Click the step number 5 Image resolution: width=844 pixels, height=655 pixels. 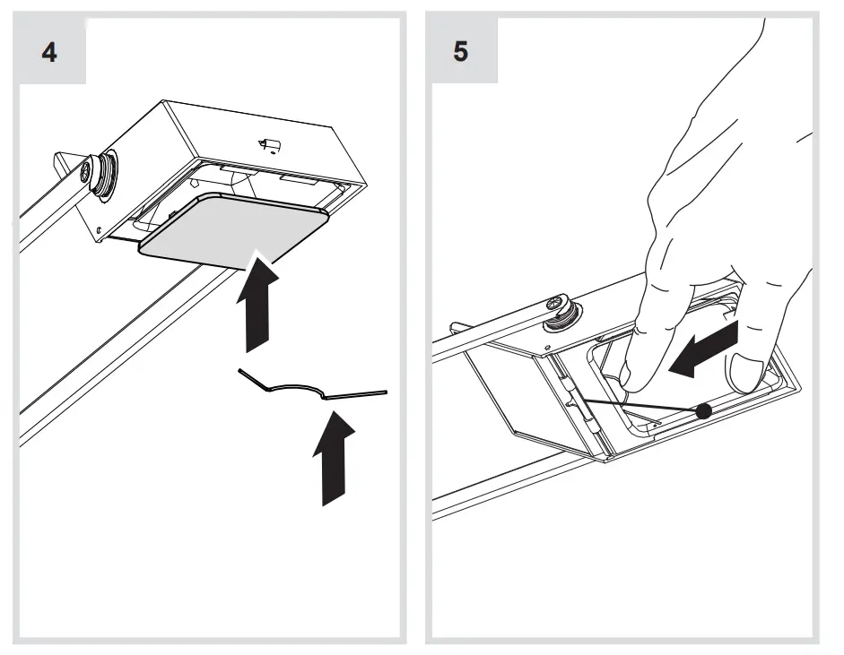click(460, 51)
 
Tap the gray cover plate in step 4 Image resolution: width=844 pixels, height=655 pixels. click(231, 228)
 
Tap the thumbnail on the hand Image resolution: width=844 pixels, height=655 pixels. click(746, 369)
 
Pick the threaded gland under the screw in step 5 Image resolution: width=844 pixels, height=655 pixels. click(569, 315)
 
